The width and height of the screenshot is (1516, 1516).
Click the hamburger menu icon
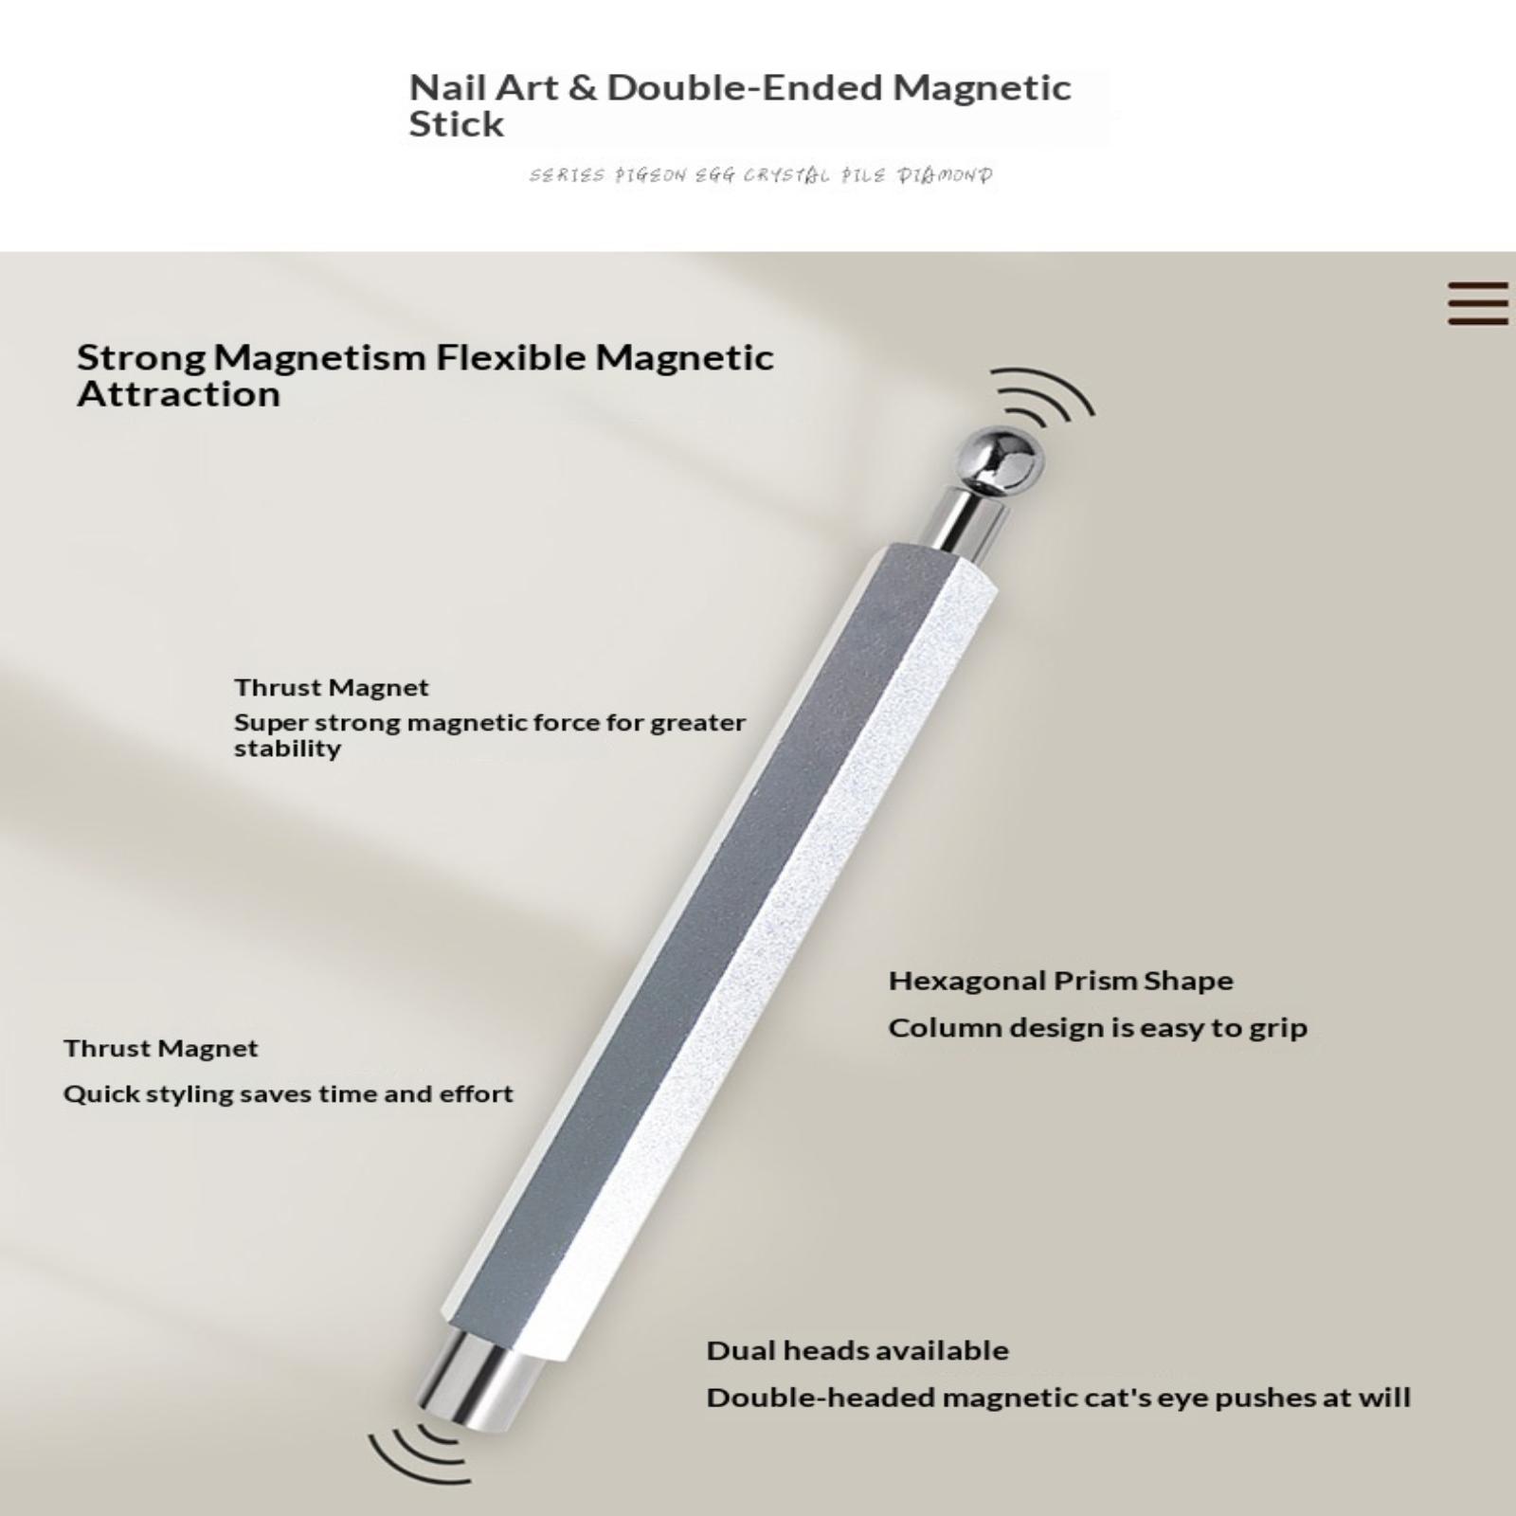pos(1478,303)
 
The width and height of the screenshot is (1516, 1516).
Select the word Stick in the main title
pos(456,125)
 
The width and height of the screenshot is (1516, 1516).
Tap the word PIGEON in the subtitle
pos(650,175)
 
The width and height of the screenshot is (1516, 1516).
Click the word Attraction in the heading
pos(179,394)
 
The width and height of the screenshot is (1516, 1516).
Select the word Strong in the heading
pos(141,358)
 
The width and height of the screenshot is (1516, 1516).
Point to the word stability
pos(287,749)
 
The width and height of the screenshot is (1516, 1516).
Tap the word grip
pos(1277,1029)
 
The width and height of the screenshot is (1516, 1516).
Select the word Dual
pos(736,1351)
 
